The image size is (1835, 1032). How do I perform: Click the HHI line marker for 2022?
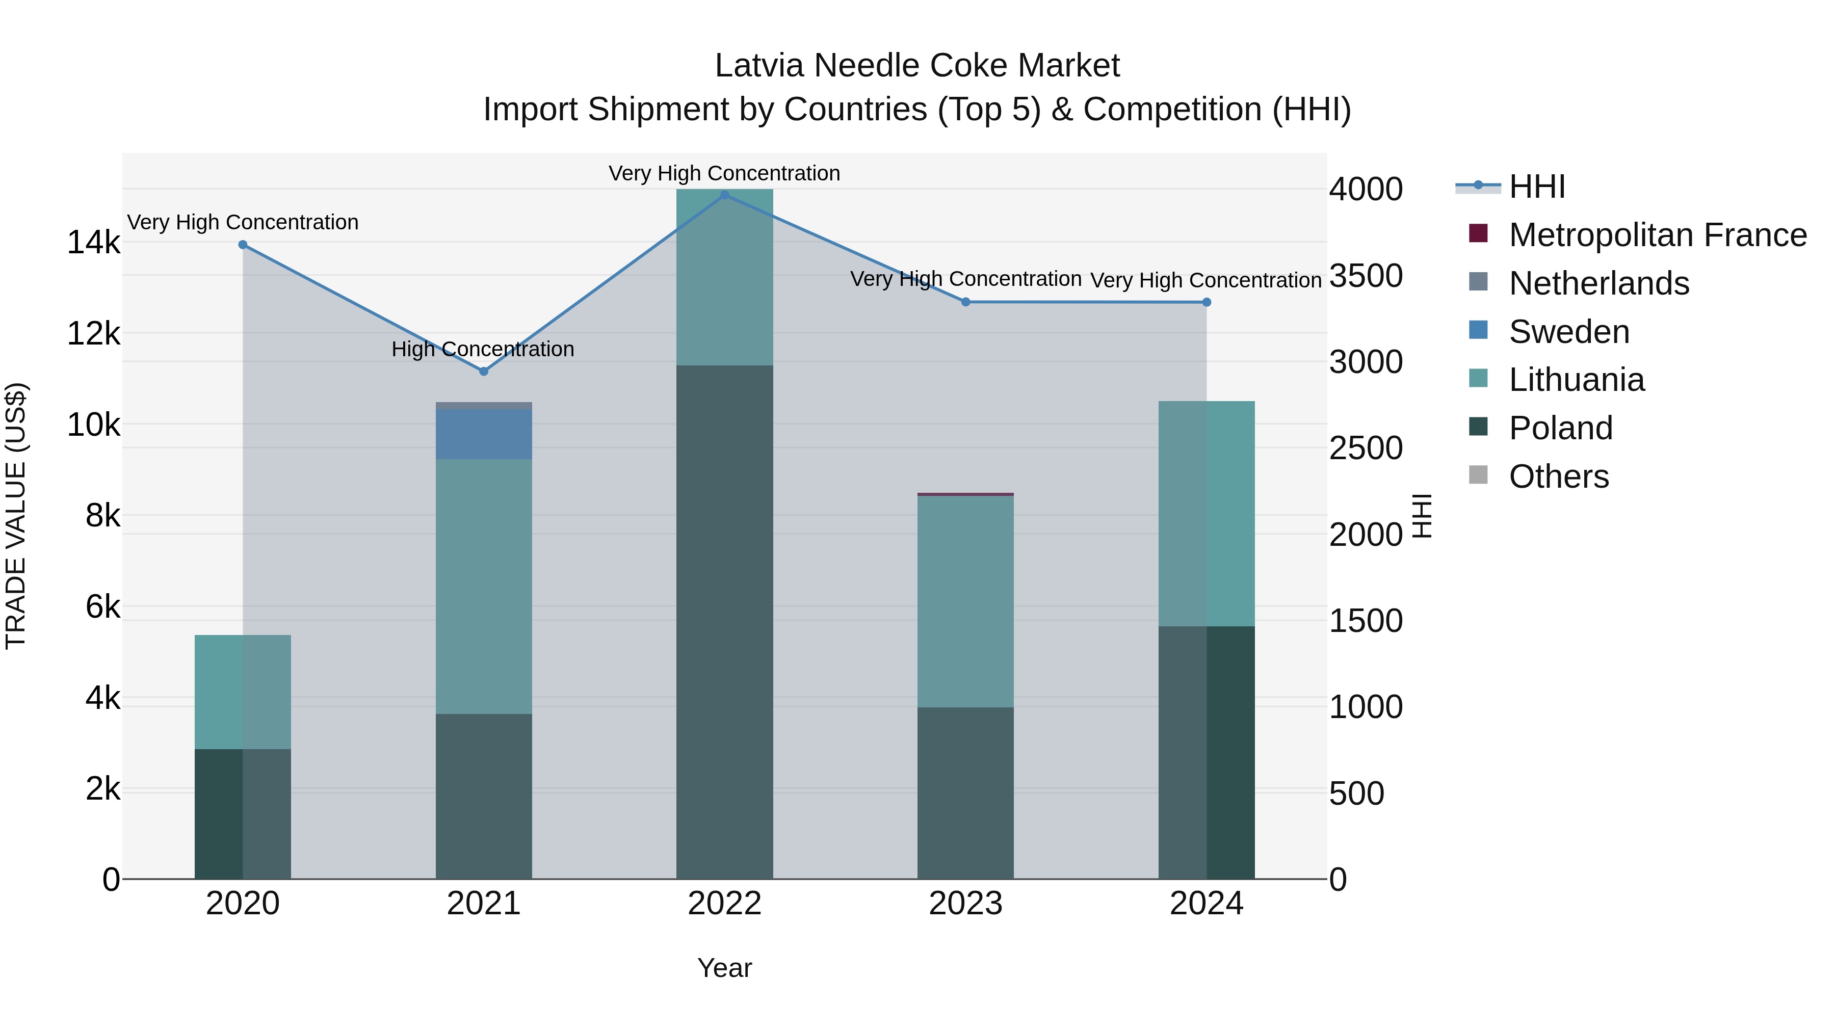[x=724, y=195]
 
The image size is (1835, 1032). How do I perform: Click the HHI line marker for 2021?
[x=484, y=371]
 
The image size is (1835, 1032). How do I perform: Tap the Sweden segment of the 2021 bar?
[x=484, y=434]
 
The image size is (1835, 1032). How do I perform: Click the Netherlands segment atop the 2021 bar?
[x=484, y=406]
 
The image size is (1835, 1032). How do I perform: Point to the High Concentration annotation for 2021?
[x=483, y=349]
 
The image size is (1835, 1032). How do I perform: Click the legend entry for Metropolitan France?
[x=1657, y=235]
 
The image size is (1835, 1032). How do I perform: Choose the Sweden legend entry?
[x=1568, y=332]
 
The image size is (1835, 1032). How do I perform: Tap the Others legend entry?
[x=1559, y=477]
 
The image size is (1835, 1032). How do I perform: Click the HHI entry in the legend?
[x=1536, y=187]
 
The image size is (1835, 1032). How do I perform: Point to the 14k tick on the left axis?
[x=93, y=243]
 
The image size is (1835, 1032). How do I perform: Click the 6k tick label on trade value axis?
[x=102, y=607]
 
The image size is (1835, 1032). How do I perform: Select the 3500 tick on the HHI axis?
[x=1366, y=276]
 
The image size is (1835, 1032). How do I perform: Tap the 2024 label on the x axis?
[x=1206, y=904]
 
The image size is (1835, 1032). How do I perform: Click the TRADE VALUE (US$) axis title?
[x=16, y=516]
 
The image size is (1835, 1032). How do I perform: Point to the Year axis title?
[x=724, y=968]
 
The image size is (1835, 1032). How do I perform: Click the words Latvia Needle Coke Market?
[x=917, y=66]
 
